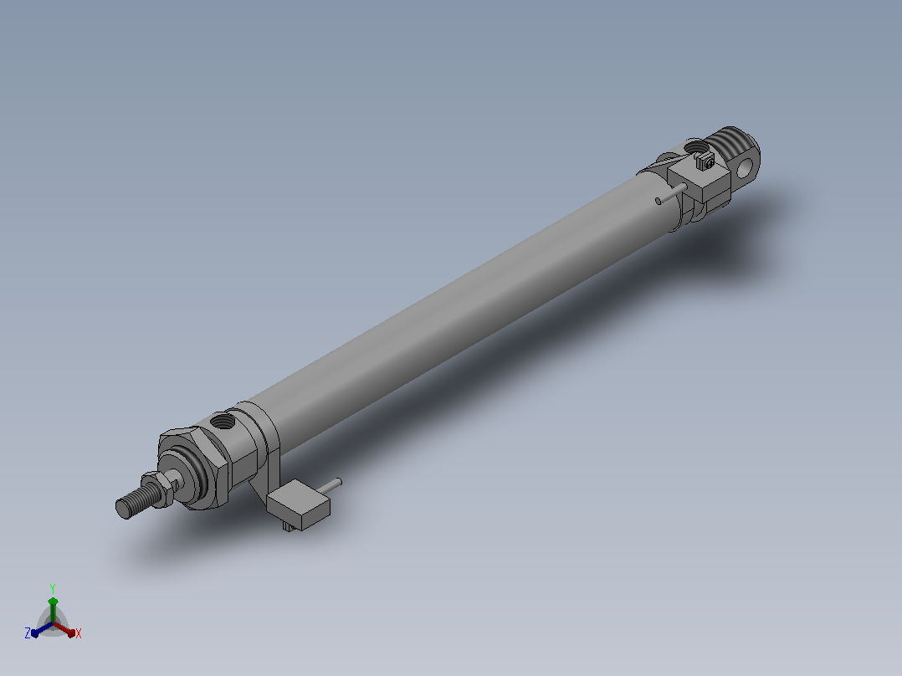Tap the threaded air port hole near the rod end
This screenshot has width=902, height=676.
(x=223, y=422)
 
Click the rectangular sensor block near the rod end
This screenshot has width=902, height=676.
(x=298, y=504)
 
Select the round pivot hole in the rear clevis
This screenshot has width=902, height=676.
(x=745, y=166)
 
